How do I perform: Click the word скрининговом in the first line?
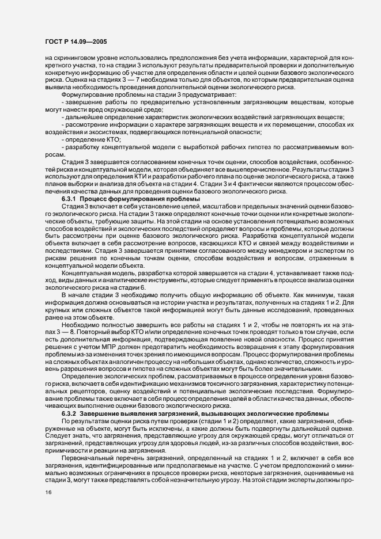pyautogui.click(x=74, y=58)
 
